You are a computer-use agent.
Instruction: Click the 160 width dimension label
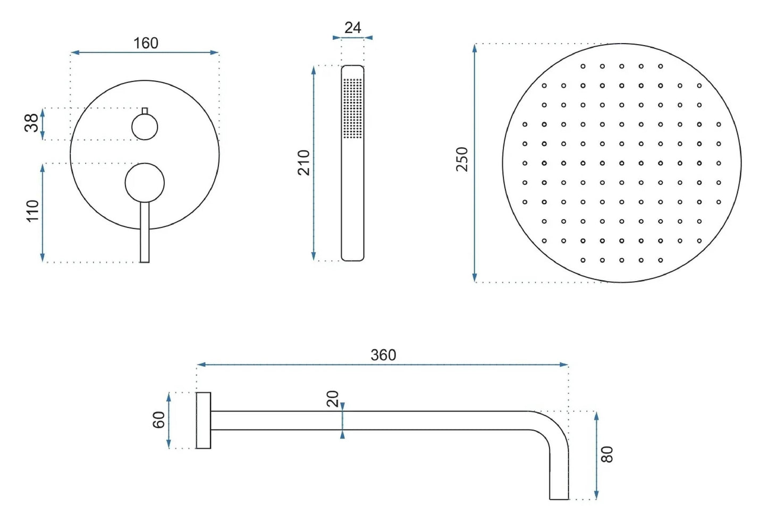(x=146, y=43)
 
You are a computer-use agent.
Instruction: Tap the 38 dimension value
(x=31, y=123)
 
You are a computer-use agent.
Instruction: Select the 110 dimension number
(x=32, y=211)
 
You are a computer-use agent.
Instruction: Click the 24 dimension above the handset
(x=352, y=28)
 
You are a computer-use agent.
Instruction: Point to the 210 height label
(x=303, y=163)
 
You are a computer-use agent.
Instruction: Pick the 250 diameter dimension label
(x=462, y=159)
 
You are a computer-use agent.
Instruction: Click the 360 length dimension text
(x=383, y=355)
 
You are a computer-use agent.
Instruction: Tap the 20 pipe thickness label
(x=333, y=399)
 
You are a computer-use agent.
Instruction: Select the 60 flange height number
(x=159, y=420)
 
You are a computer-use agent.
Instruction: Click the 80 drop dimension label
(x=606, y=455)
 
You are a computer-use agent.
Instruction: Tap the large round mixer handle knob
(x=145, y=183)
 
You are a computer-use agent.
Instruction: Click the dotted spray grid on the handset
(x=352, y=108)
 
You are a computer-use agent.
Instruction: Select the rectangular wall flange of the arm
(x=204, y=421)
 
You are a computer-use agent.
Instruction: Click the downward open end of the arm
(x=559, y=498)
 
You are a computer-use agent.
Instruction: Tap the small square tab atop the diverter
(x=145, y=111)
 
